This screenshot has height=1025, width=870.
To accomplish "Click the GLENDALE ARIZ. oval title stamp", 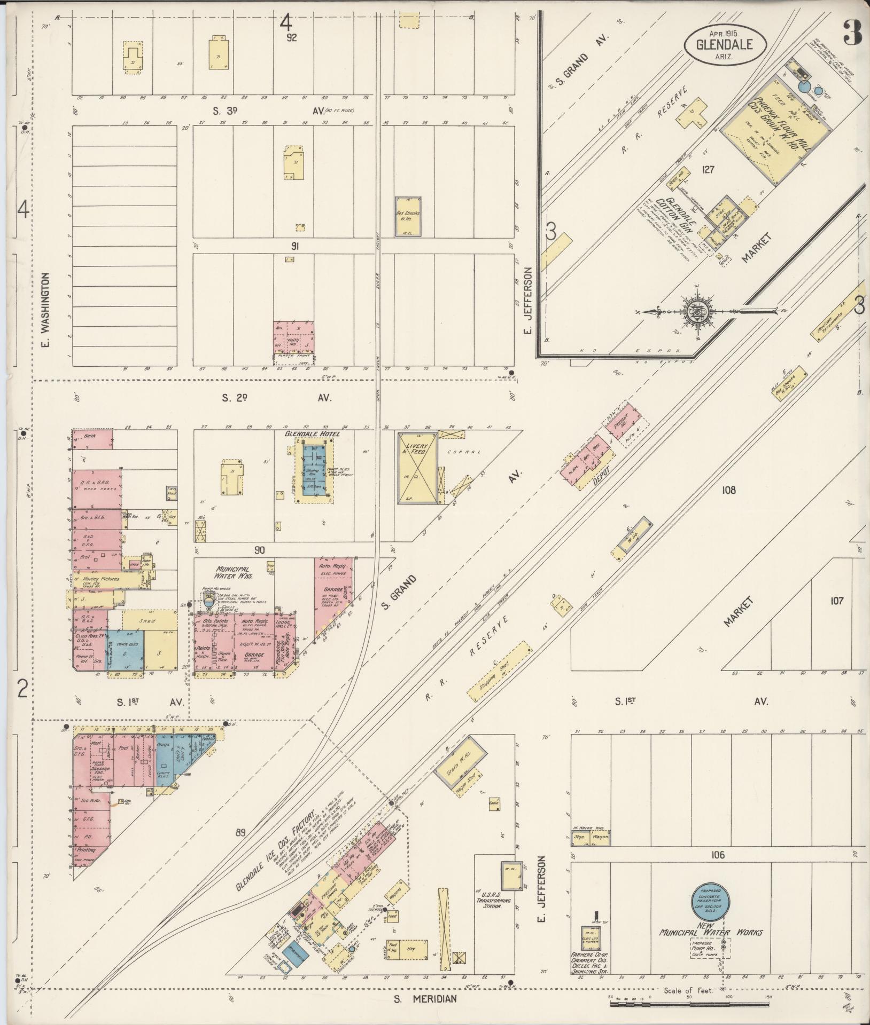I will click(724, 45).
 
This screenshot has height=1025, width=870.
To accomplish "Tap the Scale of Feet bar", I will click(689, 1004).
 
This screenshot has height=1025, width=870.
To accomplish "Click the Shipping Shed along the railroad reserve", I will click(499, 671).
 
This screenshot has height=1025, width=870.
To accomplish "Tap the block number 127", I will click(709, 170).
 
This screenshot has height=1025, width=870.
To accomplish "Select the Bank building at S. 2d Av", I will click(92, 438).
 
